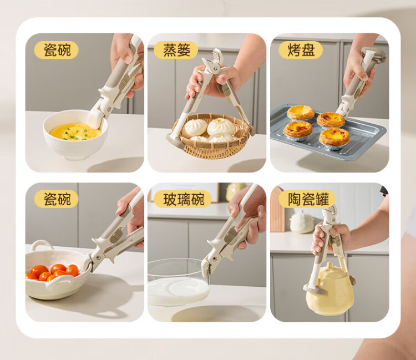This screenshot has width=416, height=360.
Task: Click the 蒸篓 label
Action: tap(176, 50)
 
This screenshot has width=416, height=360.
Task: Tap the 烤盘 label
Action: tap(301, 50)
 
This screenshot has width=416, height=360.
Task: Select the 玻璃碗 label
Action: tap(183, 199)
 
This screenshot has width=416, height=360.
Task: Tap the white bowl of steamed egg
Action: tap(75, 135)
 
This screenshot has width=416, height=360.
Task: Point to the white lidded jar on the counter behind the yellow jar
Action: tap(302, 222)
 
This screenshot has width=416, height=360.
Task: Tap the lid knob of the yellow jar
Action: tap(329, 265)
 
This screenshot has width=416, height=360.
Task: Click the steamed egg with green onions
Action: tap(75, 131)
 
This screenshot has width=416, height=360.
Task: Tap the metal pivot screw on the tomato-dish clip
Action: tap(99, 257)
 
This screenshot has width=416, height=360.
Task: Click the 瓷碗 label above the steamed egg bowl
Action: tap(57, 50)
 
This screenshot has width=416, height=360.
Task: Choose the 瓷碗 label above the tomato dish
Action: tap(57, 199)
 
